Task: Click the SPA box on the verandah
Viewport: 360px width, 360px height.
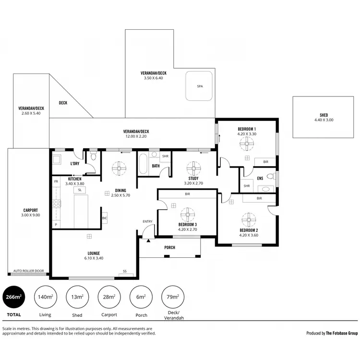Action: point(199,86)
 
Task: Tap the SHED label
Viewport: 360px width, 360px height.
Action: point(324,115)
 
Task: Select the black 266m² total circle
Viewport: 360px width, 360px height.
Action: point(14,297)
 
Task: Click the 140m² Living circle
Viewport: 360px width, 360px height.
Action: point(46,297)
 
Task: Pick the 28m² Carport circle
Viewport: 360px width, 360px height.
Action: point(109,297)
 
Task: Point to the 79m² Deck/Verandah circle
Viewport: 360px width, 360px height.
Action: point(172,297)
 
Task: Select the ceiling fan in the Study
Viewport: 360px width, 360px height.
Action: point(193,168)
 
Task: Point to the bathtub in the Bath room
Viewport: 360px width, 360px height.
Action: point(143,164)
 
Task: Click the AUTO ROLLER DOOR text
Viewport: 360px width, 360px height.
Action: point(28,271)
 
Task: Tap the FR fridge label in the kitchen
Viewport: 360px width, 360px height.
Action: point(56,181)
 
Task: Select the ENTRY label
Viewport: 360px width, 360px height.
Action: point(147,221)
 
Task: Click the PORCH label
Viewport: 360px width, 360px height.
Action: point(169,248)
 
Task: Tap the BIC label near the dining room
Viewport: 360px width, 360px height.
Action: point(104,218)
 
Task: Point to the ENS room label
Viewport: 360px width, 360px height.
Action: point(260,179)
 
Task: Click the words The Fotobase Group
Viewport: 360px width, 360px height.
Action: point(342,333)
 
